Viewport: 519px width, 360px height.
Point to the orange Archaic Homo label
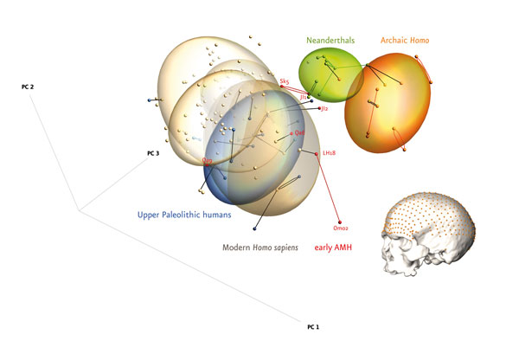point(405,41)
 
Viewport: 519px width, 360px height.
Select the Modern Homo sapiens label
point(260,247)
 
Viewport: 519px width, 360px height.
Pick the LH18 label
point(329,153)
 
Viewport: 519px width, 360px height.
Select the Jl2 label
point(324,109)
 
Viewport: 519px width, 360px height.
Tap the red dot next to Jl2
point(317,109)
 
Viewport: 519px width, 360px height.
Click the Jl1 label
point(304,97)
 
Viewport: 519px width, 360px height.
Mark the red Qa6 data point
point(292,133)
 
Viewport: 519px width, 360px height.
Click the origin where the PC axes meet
point(78,210)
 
